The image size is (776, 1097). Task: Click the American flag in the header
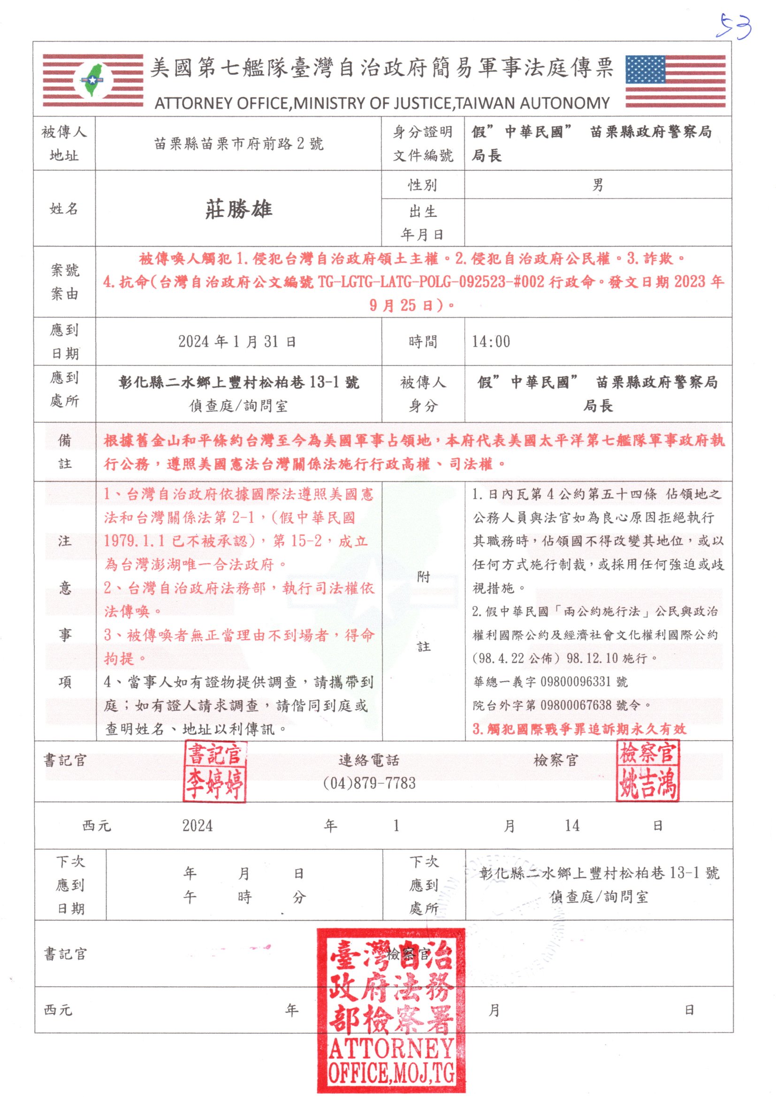tap(675, 81)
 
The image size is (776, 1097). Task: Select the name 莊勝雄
tap(238, 209)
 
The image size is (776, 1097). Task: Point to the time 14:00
tap(491, 341)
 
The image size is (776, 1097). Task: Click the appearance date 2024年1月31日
tap(237, 341)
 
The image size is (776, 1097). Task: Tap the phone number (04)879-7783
tap(369, 783)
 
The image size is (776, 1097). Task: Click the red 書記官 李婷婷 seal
tap(214, 771)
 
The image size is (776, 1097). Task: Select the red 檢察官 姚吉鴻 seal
tap(647, 769)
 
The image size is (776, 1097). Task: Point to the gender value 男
tap(597, 185)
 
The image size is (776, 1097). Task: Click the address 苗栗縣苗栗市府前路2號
tap(238, 143)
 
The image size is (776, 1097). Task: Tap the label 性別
tap(422, 185)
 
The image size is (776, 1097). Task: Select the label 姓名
tap(64, 209)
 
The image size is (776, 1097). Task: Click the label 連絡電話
tap(368, 760)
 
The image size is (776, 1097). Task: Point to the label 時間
tap(422, 341)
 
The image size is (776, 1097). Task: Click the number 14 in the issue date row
tap(571, 825)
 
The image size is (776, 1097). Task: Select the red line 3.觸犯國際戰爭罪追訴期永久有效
tap(579, 729)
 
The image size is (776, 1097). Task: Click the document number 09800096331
tap(575, 682)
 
